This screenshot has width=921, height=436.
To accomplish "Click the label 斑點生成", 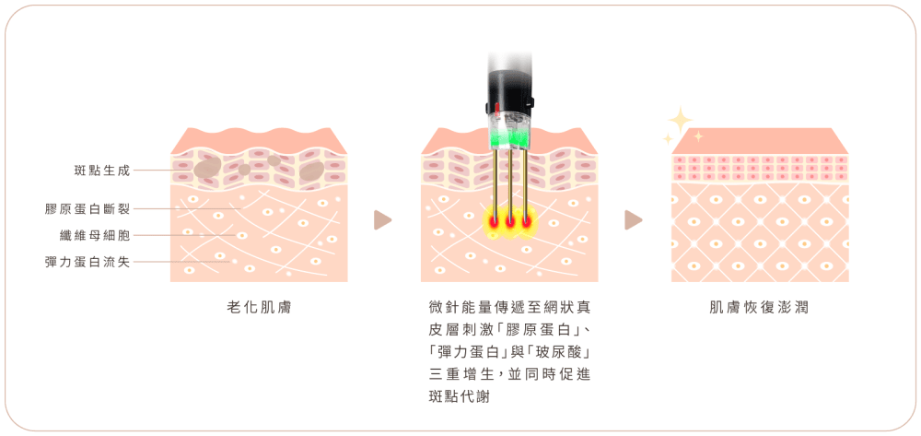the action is [x=102, y=171].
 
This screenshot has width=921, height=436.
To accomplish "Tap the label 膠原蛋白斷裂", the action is [x=87, y=208].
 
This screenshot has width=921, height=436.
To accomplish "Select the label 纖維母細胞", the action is [x=95, y=236].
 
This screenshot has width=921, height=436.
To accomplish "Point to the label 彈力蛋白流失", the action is [x=87, y=262].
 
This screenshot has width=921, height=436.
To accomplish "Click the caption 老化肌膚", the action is [x=259, y=307].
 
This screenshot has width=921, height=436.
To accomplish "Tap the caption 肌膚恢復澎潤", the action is [x=760, y=307].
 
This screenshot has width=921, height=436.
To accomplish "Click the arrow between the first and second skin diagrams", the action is [x=382, y=219].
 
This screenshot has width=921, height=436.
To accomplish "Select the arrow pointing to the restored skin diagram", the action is [x=634, y=219].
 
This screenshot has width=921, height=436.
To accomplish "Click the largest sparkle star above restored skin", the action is [x=681, y=120].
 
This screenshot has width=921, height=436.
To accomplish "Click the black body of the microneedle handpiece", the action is [x=509, y=91].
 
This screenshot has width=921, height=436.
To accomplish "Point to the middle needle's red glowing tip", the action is [x=510, y=222].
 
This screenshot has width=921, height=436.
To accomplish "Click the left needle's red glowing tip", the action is [x=494, y=222].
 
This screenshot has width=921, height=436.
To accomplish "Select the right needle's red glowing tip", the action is [x=526, y=222].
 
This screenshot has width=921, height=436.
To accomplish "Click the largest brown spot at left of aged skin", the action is [x=207, y=167].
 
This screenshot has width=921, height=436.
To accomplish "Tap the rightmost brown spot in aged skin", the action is [x=311, y=171].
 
